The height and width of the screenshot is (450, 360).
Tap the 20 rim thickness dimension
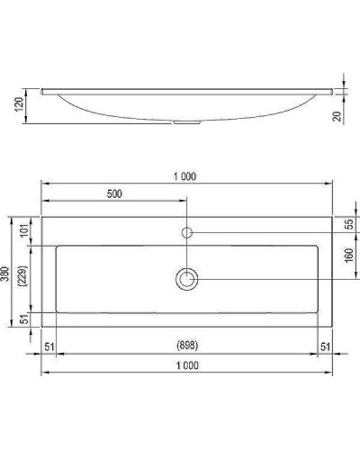coord(348,116)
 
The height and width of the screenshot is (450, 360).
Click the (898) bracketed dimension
coord(184,346)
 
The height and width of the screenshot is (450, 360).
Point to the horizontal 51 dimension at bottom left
coord(49,346)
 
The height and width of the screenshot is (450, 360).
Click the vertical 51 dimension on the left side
coord(24,318)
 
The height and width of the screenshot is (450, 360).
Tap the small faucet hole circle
coord(187,232)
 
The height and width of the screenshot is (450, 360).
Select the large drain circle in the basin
coord(187,279)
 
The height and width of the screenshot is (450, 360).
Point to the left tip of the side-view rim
coord(42,89)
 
